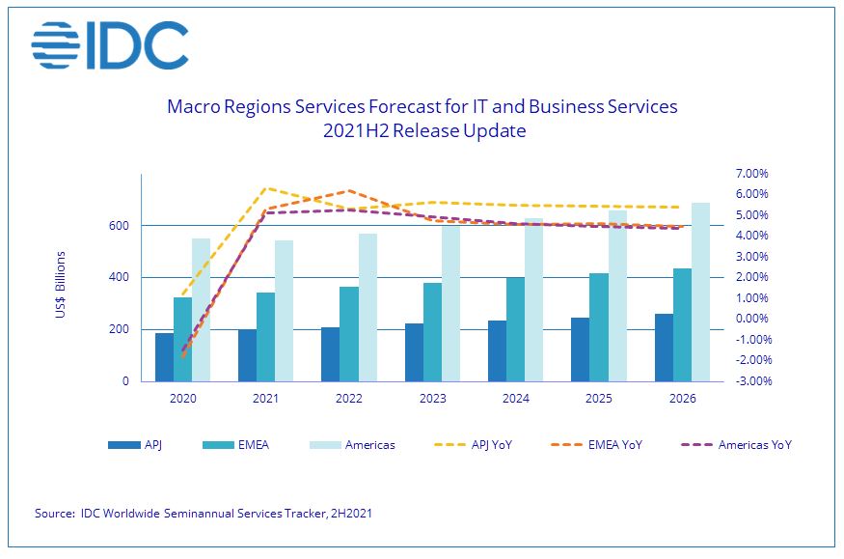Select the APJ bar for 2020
pos(164,357)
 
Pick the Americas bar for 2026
pos(700,292)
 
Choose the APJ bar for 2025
pos(580,349)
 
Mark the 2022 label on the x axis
pos(348,398)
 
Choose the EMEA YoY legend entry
pos(617,445)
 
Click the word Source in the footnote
pos(54,514)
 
